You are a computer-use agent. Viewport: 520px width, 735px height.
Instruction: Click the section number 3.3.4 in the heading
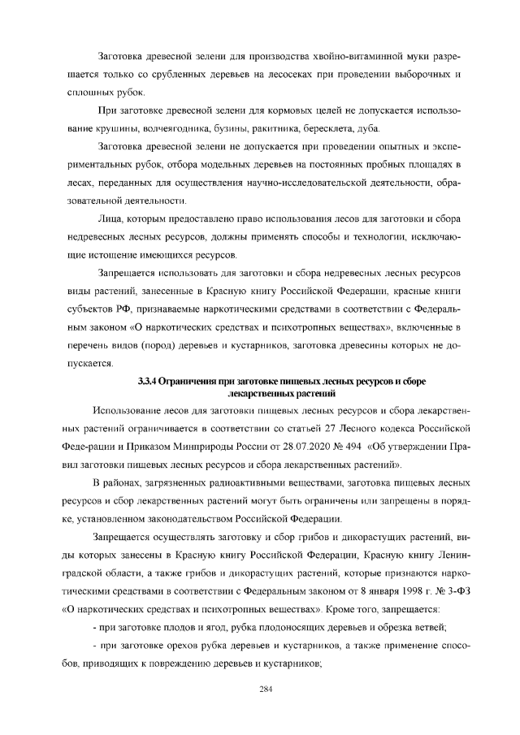(x=146, y=381)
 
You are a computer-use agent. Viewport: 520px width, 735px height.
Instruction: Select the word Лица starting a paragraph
(x=110, y=220)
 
